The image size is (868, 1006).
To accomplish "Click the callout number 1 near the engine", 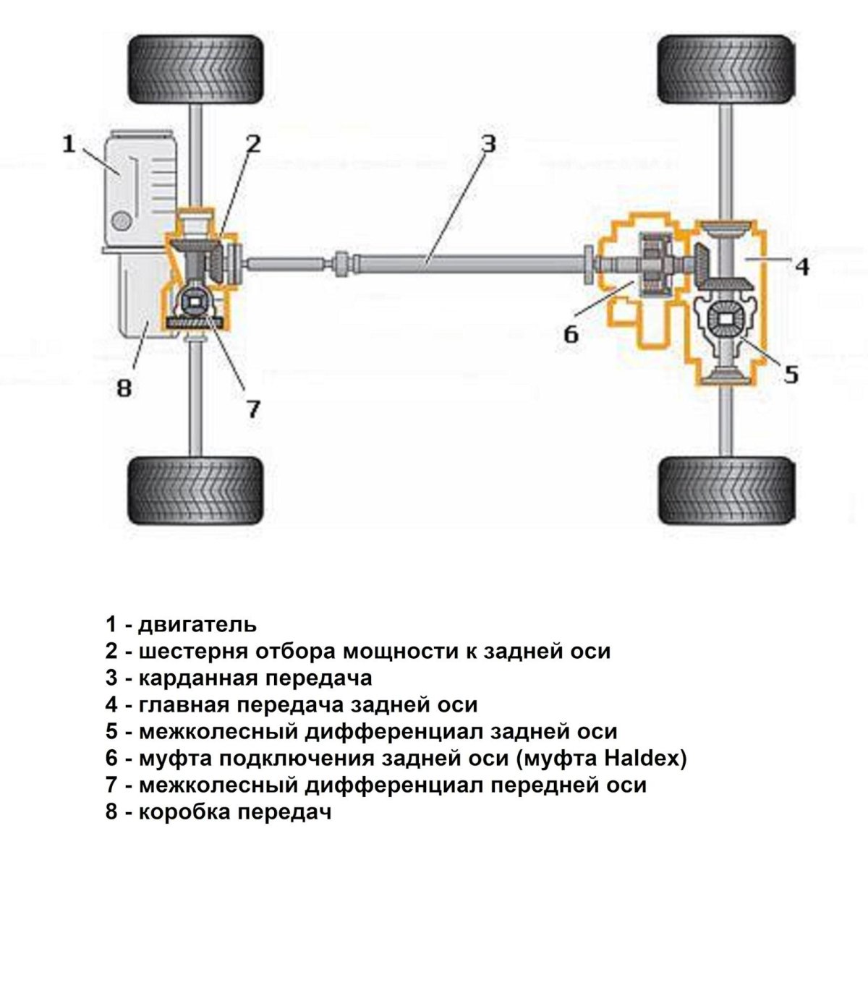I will pyautogui.click(x=69, y=144).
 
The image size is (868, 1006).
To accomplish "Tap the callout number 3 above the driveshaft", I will pyautogui.click(x=488, y=144).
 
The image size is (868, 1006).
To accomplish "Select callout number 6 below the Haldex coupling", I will pyautogui.click(x=571, y=334).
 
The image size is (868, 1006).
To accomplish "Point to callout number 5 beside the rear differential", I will pyautogui.click(x=791, y=374).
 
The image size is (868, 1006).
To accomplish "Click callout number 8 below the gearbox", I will pyautogui.click(x=124, y=388).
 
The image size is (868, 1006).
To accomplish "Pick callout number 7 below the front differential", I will pyautogui.click(x=252, y=409).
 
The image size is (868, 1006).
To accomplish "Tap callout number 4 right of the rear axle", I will pyautogui.click(x=801, y=266).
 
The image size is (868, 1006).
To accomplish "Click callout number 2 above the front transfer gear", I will pyautogui.click(x=252, y=144).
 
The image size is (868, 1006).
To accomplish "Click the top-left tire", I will pyautogui.click(x=195, y=69).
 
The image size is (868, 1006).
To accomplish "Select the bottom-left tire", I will pyautogui.click(x=195, y=490).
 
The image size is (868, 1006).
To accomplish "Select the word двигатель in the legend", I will pyautogui.click(x=197, y=623).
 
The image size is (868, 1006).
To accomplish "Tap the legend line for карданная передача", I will pyautogui.click(x=239, y=678).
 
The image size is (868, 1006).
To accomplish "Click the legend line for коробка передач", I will pyautogui.click(x=218, y=811).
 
